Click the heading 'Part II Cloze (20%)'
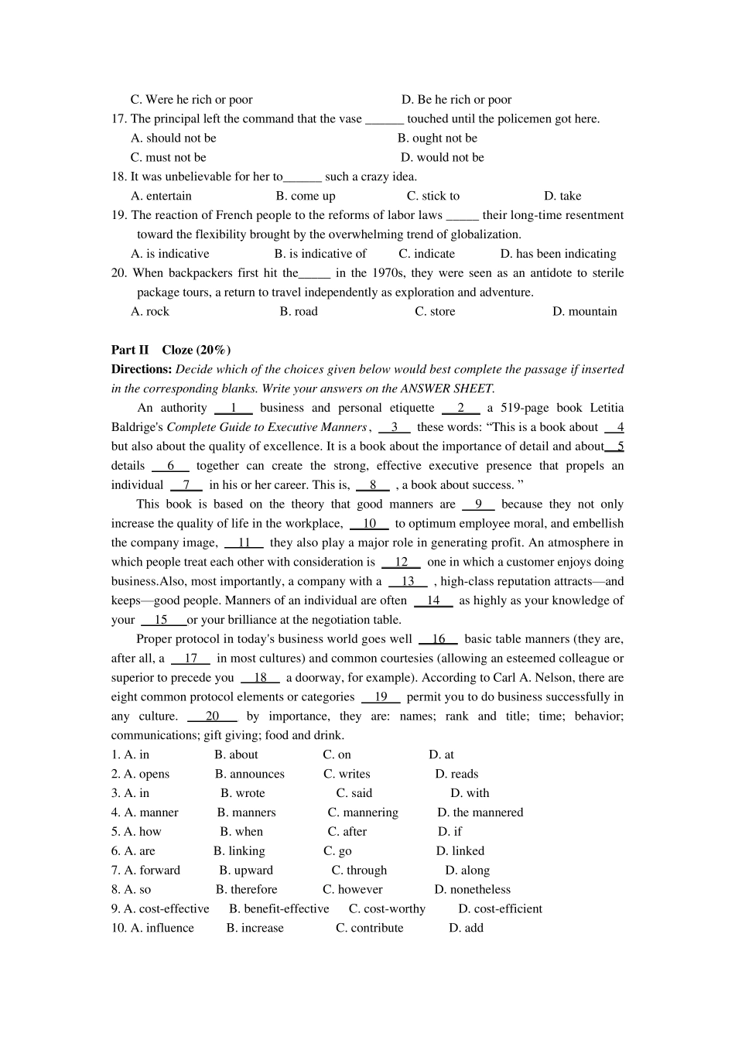click(x=170, y=350)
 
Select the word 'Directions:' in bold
click(x=142, y=369)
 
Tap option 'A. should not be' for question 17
click(x=173, y=138)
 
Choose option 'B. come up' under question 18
click(x=306, y=196)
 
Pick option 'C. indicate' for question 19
click(x=426, y=254)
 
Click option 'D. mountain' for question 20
click(x=584, y=311)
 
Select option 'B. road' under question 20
click(x=299, y=311)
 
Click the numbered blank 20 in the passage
click(x=212, y=716)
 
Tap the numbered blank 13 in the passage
click(x=408, y=581)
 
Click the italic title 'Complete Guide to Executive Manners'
click(x=266, y=427)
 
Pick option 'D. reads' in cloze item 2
click(x=456, y=774)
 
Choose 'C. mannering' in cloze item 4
click(x=363, y=812)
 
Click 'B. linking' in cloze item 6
click(x=239, y=851)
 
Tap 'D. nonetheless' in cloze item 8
click(x=472, y=890)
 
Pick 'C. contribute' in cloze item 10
click(x=369, y=928)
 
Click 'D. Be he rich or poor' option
click(x=456, y=99)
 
